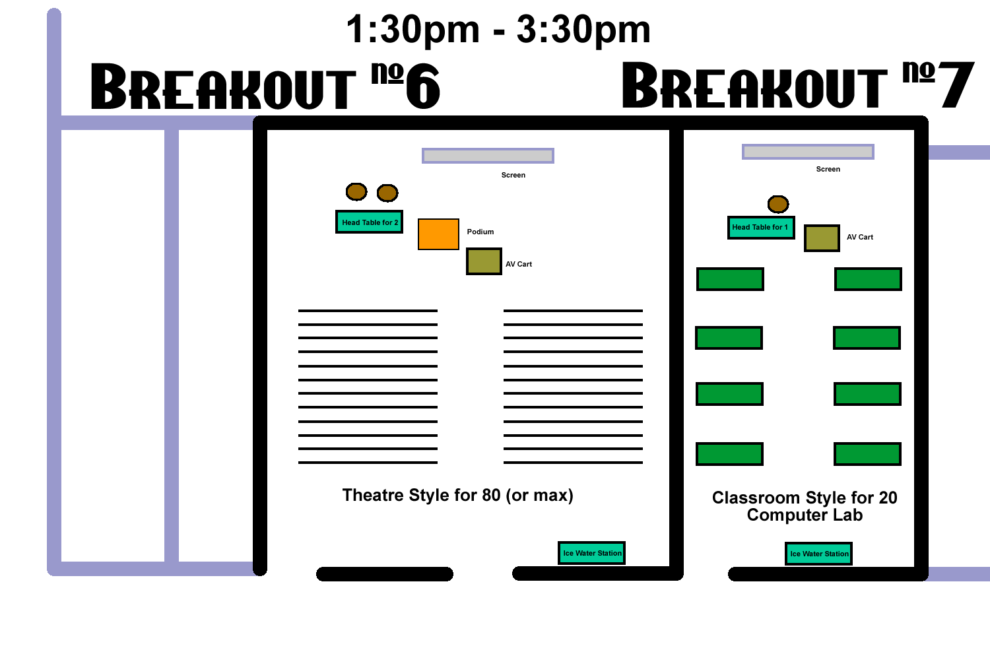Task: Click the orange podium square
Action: point(438,234)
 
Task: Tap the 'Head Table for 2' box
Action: point(369,222)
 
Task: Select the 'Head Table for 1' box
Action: point(761,227)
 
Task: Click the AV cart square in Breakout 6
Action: point(484,261)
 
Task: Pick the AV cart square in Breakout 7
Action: point(822,238)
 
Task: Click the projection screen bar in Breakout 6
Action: point(488,156)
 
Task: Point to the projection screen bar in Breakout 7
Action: point(808,152)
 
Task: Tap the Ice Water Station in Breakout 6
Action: point(592,553)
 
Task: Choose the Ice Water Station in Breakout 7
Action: point(819,554)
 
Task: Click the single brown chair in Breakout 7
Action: point(778,204)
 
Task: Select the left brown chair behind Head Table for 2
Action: point(356,192)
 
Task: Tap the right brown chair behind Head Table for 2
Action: point(387,193)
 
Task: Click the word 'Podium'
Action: point(480,232)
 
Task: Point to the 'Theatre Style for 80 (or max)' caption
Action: point(458,496)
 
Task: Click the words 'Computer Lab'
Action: point(805,515)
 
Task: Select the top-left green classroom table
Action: point(730,279)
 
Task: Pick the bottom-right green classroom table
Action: point(868,454)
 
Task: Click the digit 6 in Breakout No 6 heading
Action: point(423,86)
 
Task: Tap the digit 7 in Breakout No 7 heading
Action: point(957,84)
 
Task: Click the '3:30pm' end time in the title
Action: point(583,30)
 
